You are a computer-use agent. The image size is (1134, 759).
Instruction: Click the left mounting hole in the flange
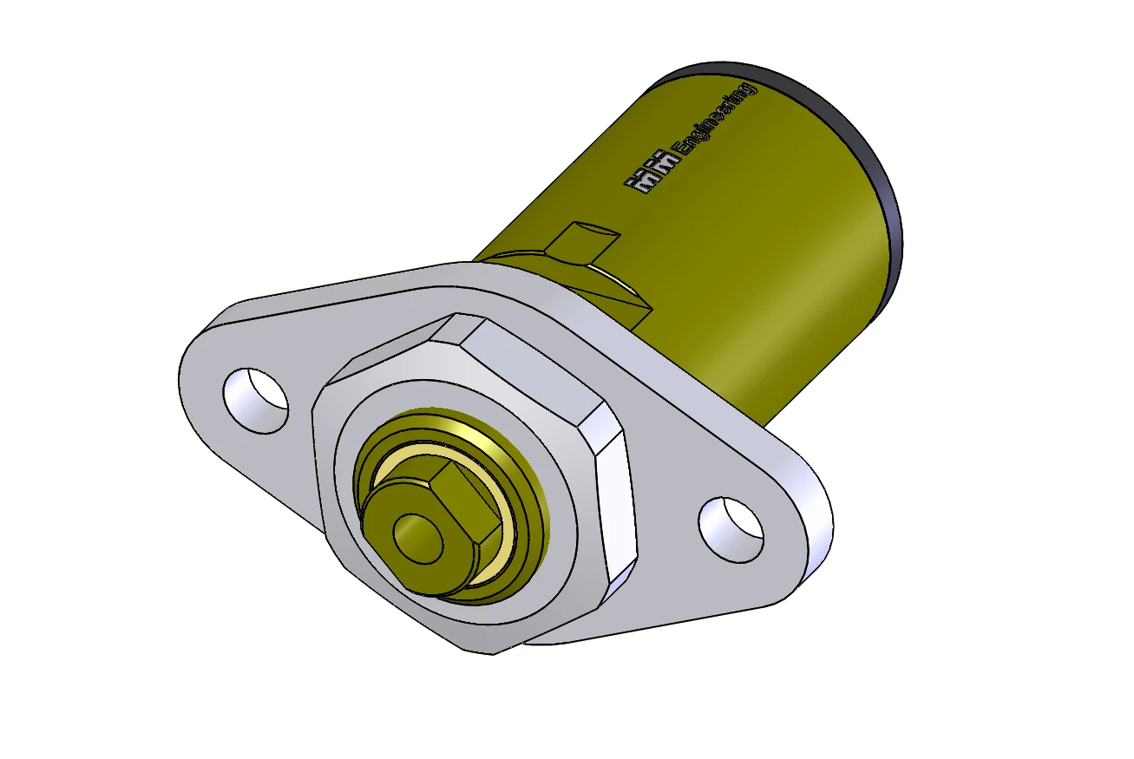256,401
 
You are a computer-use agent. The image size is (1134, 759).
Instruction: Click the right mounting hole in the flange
731,529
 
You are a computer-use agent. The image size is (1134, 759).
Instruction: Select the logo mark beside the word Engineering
652,172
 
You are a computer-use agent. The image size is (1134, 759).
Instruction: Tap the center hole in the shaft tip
418,539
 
